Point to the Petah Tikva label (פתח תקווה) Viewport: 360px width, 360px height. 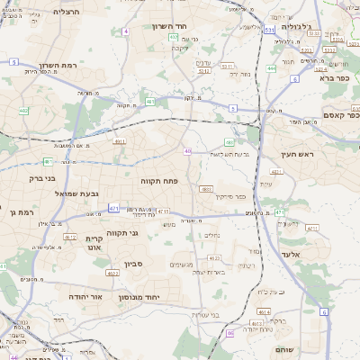(159, 180)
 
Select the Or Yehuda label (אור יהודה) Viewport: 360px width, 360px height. (85, 295)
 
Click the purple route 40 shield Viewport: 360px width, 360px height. (187, 151)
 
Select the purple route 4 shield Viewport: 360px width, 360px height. (126, 31)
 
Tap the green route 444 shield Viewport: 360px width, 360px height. (272, 67)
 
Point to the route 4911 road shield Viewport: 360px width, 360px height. (119, 141)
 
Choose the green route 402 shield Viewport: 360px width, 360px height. (24, 111)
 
